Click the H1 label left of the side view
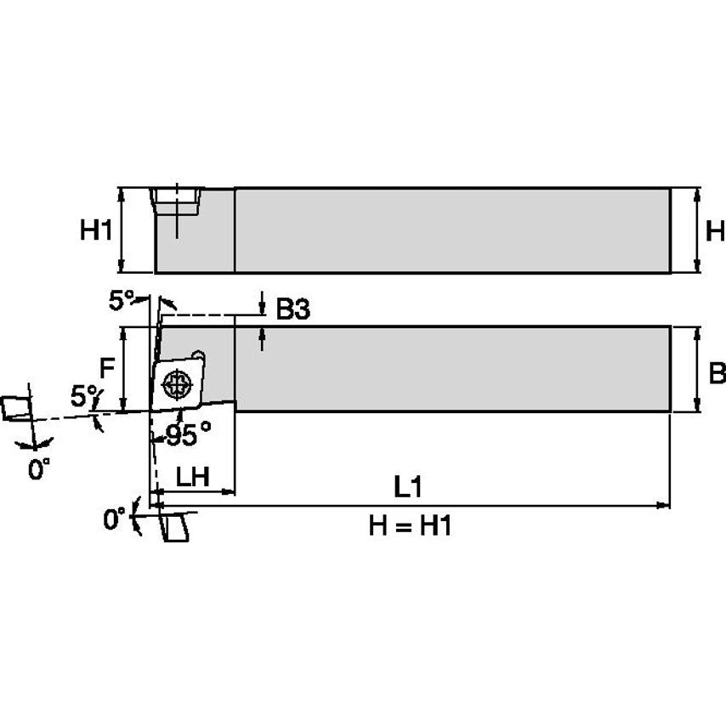96,230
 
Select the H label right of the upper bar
715,230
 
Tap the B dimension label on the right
717,372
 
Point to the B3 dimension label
292,310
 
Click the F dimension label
107,369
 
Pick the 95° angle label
188,435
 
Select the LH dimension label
192,477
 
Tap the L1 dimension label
409,486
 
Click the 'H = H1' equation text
409,526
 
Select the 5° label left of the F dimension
83,396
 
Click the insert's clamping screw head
177,384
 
